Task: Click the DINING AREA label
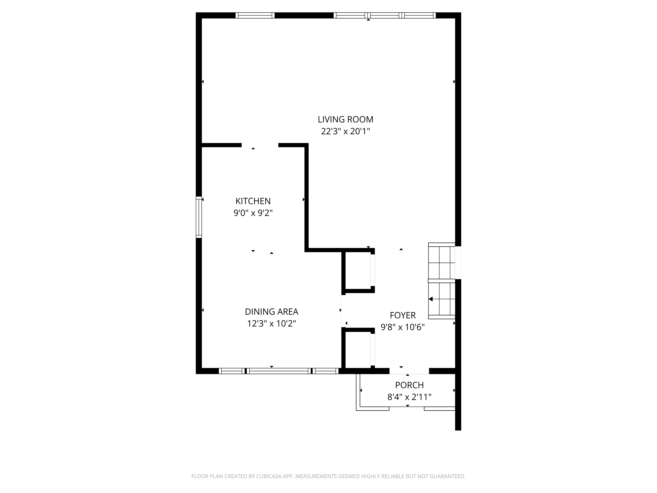272,312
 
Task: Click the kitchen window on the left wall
199,217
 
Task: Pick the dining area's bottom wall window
279,371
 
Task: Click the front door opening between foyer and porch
409,371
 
